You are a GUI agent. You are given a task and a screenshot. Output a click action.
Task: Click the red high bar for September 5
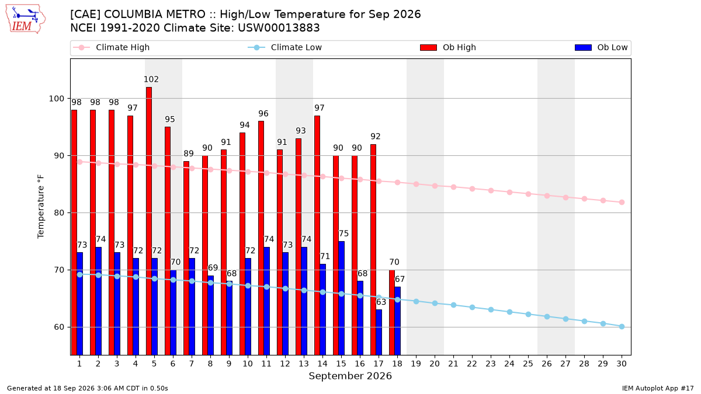149,221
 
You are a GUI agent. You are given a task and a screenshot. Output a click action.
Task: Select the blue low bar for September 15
341,298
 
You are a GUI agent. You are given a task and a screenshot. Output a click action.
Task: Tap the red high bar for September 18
392,312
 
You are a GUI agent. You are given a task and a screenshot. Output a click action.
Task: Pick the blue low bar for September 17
379,332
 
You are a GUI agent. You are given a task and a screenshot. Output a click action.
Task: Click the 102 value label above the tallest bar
151,79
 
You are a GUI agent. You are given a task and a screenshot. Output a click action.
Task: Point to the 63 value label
381,302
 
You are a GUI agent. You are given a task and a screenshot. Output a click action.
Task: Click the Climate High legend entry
112,47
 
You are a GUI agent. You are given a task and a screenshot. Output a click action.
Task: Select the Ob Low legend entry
601,47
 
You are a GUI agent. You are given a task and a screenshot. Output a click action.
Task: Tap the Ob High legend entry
448,47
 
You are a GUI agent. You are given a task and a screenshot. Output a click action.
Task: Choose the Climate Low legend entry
285,47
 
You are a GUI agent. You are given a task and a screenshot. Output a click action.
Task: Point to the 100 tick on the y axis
56,99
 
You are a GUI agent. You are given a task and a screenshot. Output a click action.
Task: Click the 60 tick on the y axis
59,327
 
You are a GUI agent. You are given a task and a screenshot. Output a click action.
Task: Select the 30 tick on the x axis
622,364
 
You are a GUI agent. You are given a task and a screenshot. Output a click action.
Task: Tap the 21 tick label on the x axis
453,364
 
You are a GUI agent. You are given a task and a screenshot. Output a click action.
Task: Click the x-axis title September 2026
350,376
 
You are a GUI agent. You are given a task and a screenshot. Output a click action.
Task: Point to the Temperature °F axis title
41,207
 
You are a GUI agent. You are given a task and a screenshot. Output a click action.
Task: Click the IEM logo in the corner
26,19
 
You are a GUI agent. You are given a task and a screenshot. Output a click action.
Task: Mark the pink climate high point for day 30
622,203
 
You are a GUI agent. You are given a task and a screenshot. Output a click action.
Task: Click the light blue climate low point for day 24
509,312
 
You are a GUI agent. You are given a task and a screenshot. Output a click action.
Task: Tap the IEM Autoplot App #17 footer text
658,388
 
